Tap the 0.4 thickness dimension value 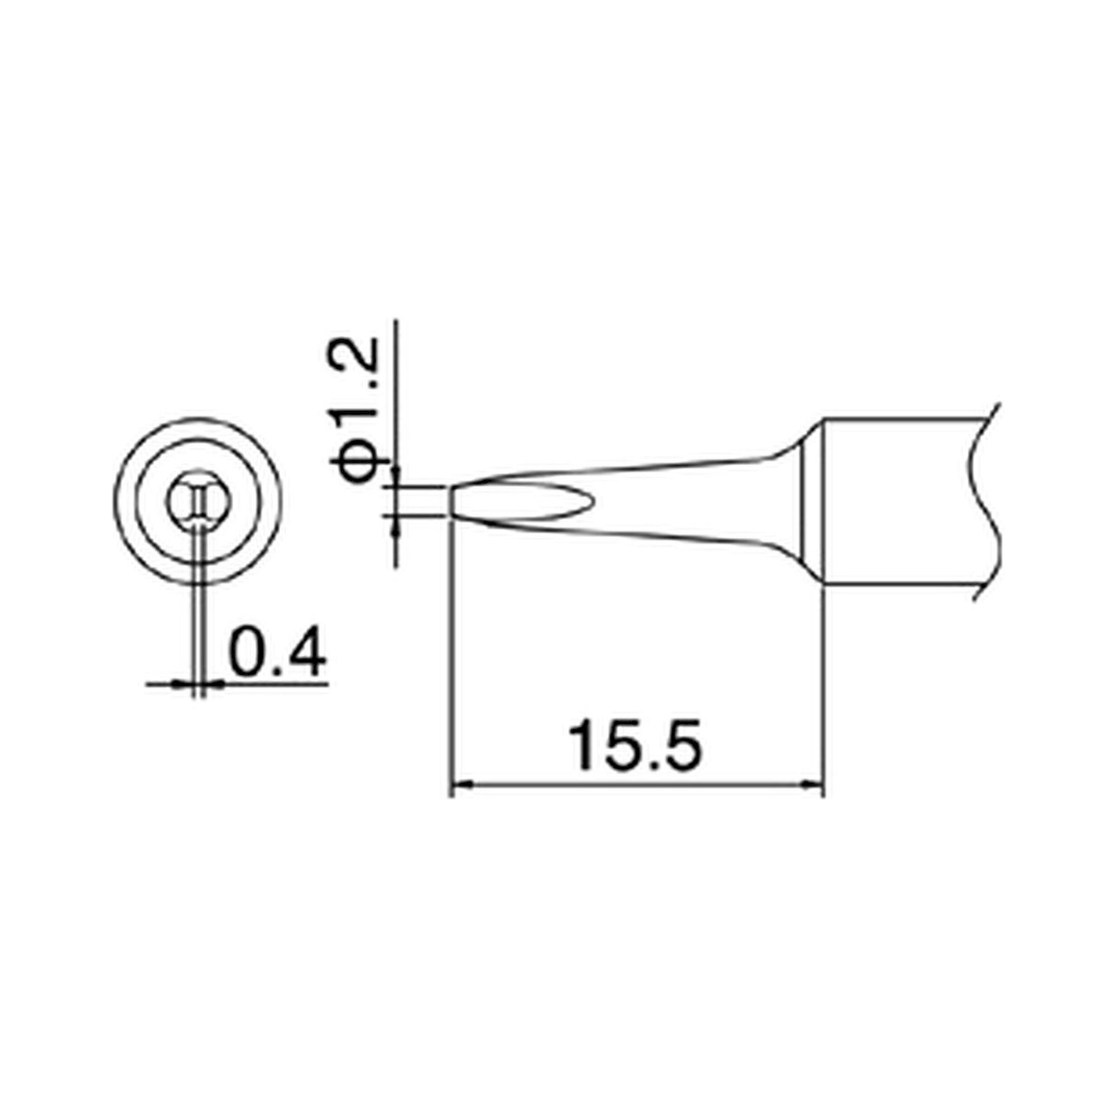(278, 651)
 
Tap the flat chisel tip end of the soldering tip (453, 502)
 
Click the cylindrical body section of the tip (896, 503)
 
